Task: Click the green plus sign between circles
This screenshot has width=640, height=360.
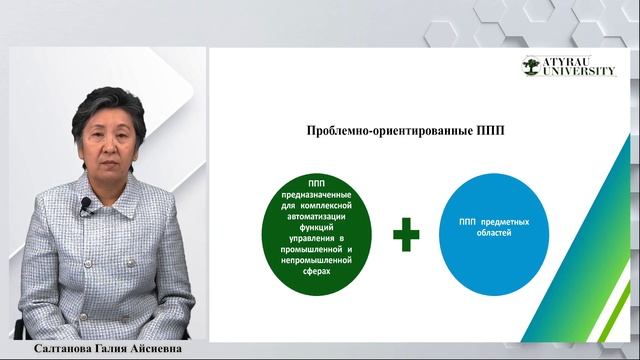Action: coord(406,235)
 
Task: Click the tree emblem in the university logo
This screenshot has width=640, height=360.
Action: coord(532,67)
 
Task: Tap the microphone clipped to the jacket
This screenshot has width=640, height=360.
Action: coord(86,204)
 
